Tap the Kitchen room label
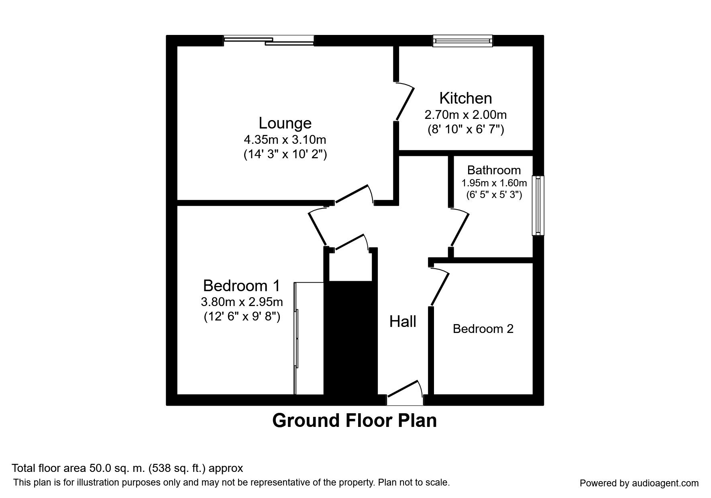tap(465, 98)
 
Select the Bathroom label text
tap(494, 170)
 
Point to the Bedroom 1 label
tap(241, 286)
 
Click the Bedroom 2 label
tap(483, 329)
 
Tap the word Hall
tap(403, 322)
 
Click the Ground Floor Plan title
tap(354, 421)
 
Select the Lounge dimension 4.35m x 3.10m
tap(285, 140)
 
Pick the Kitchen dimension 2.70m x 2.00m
tap(465, 115)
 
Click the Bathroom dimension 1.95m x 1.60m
tap(494, 183)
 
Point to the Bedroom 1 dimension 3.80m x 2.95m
tap(241, 301)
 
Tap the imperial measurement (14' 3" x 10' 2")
tap(285, 154)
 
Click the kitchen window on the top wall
tap(462, 41)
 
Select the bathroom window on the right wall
tap(538, 205)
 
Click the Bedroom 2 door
tap(439, 287)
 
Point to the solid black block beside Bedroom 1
tap(350, 337)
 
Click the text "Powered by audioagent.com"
tap(639, 483)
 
